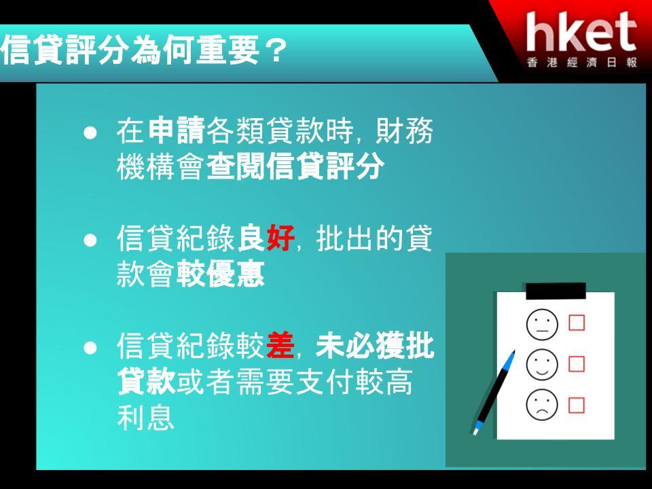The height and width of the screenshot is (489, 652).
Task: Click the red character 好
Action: pos(280,238)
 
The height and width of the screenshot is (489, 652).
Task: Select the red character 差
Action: pos(280,346)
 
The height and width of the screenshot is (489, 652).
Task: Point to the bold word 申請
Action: pos(177,130)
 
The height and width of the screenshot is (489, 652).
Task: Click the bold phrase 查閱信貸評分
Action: pos(295,166)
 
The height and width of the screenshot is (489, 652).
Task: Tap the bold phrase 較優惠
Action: pos(220,274)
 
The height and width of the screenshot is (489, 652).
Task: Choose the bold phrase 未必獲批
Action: pos(375,346)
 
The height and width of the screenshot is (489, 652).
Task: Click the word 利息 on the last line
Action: pos(145,418)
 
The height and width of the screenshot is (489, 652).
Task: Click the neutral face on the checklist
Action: pos(542,324)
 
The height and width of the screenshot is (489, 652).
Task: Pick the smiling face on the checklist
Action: pos(542,365)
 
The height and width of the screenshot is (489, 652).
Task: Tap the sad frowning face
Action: pos(542,405)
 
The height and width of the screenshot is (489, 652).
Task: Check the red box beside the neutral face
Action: pos(577,323)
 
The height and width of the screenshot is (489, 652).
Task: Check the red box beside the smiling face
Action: pos(577,364)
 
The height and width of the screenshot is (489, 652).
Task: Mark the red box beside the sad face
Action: pos(577,405)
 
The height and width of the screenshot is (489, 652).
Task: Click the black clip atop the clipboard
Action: pos(556,291)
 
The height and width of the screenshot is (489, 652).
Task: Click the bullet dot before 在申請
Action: pos(90,132)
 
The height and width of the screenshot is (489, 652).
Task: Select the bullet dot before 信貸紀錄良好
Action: pos(90,240)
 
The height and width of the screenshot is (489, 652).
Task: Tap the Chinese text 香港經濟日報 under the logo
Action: pos(582,62)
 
